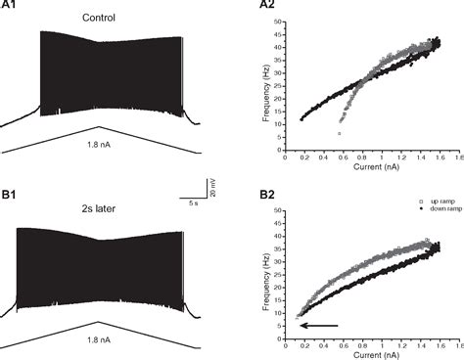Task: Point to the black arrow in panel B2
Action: (318, 325)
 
